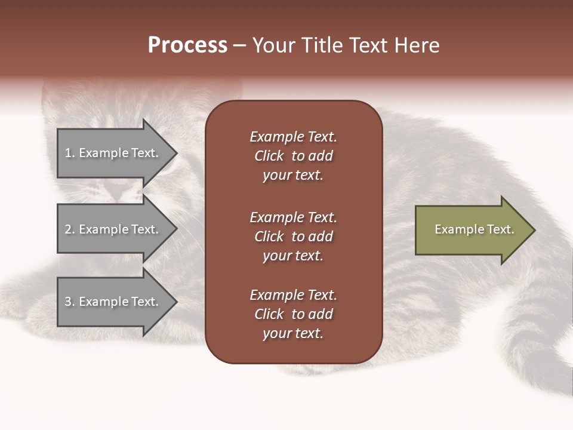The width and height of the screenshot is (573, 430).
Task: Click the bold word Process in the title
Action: (x=187, y=45)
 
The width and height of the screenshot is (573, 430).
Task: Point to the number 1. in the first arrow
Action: (x=70, y=153)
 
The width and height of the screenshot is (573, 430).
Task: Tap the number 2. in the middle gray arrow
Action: (x=70, y=229)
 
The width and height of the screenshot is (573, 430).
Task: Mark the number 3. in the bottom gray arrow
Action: (x=70, y=302)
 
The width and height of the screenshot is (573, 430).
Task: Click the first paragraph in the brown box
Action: (x=293, y=156)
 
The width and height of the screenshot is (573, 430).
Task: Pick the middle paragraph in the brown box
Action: (x=293, y=236)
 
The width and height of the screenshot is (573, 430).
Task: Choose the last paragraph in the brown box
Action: (x=293, y=314)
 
